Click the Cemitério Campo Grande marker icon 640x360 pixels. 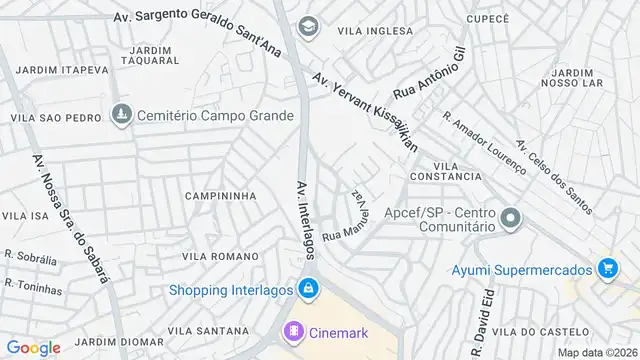click(122, 115)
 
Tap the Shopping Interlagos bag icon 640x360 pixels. click(308, 290)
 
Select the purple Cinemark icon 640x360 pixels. click(293, 330)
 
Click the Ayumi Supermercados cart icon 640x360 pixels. click(606, 267)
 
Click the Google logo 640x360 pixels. click(34, 347)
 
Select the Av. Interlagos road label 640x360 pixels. click(305, 219)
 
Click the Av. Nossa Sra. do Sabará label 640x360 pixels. click(70, 218)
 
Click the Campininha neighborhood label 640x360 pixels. click(221, 196)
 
